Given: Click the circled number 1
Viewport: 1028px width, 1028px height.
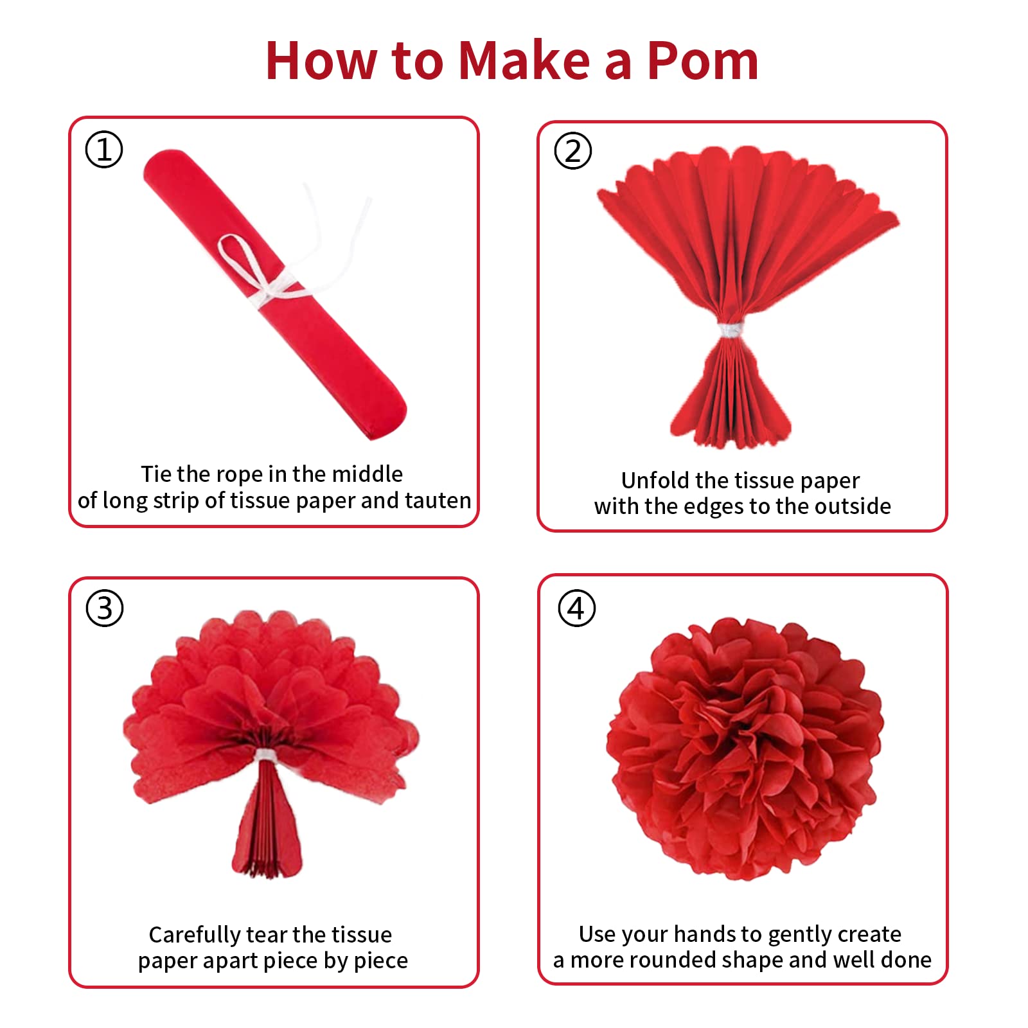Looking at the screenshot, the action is click(x=104, y=150).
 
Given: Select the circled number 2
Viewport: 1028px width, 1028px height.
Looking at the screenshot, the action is click(x=573, y=151).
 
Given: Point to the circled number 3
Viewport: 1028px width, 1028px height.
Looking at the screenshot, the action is click(x=105, y=608).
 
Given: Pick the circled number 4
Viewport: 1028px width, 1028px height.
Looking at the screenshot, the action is click(x=576, y=608).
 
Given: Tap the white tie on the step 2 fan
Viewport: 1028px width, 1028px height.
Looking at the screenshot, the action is click(x=731, y=330).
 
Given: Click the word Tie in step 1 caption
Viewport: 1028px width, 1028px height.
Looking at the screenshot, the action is click(x=156, y=474).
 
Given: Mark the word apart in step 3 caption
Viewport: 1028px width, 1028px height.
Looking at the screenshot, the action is click(x=258, y=961).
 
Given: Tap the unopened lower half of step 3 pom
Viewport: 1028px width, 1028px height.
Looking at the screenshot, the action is click(x=267, y=819).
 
